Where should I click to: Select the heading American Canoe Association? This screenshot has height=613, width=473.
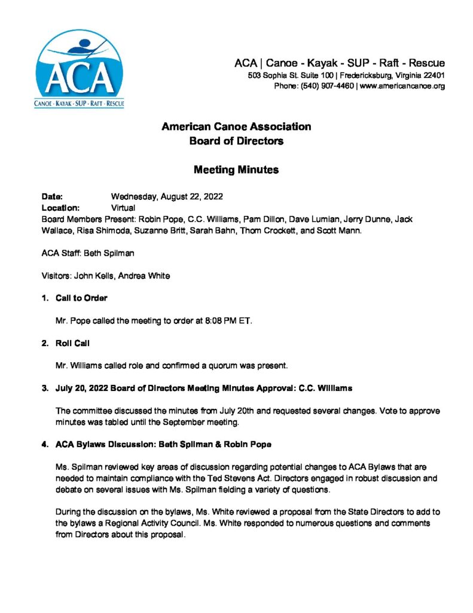click(x=236, y=127)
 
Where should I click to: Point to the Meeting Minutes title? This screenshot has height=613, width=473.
click(x=236, y=170)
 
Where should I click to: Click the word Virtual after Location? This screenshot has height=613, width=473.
click(x=123, y=208)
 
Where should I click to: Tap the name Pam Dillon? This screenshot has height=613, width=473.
click(x=255, y=220)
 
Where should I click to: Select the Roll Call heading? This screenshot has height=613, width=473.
click(x=75, y=343)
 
